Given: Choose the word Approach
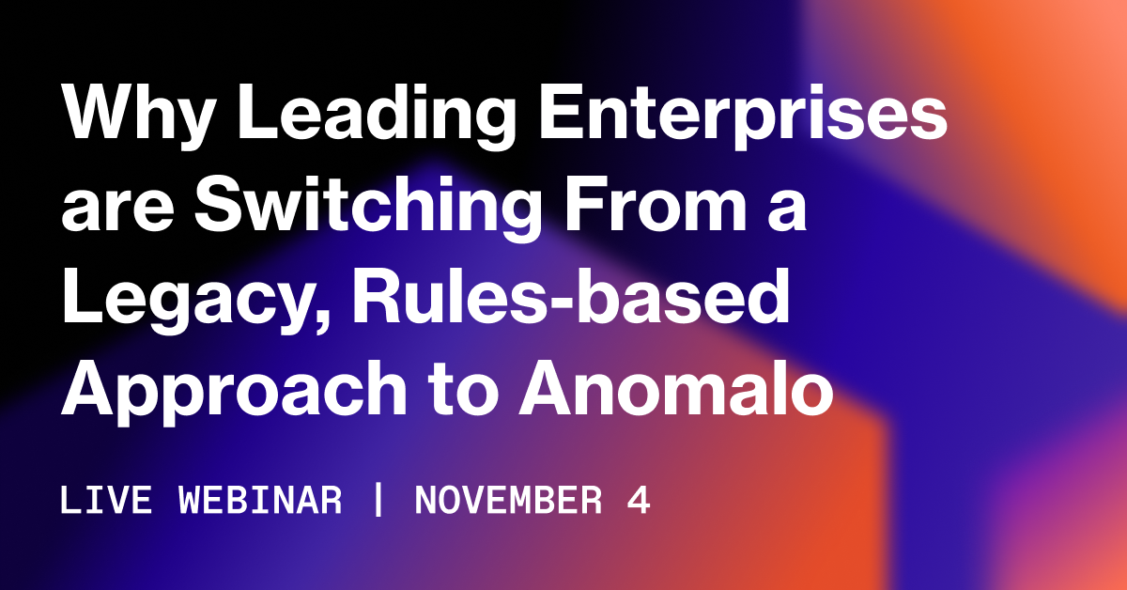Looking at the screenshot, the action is point(234,393).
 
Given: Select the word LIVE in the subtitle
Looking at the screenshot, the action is point(105,501).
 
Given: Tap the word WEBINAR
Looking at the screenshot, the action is point(260,501).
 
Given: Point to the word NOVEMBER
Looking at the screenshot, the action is point(508,501).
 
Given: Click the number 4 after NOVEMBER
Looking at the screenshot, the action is point(639,501).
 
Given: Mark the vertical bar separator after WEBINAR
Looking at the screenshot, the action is point(378,499).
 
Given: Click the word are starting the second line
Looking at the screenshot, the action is point(117,210).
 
